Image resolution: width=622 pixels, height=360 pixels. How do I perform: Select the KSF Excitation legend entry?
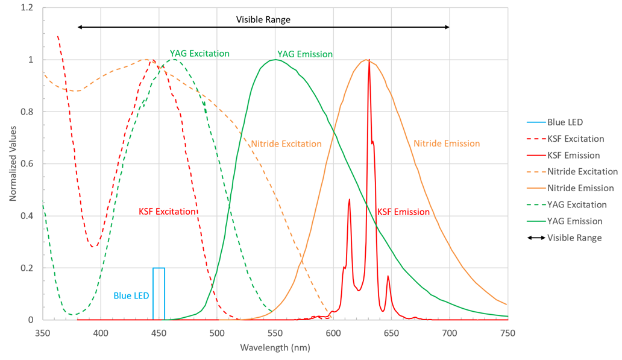576,139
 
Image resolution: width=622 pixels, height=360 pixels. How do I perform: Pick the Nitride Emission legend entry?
580,188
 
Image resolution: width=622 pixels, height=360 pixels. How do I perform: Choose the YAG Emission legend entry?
575,221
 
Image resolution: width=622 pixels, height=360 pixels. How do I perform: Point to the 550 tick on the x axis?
275,332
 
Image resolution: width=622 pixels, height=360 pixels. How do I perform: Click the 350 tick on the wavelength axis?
43,332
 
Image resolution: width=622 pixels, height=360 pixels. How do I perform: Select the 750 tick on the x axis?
507,332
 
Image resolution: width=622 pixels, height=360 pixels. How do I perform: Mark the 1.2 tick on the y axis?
27,8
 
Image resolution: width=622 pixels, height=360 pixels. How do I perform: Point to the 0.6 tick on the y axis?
27,164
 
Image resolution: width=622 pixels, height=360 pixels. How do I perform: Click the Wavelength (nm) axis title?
275,348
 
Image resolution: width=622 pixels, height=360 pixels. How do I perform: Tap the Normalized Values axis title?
12,164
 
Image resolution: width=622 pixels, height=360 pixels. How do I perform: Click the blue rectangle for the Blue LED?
159,294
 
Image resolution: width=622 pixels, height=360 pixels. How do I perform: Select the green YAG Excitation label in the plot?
199,54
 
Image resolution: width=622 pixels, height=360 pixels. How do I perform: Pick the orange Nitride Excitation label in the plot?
286,144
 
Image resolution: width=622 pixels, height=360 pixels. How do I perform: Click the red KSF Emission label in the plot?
403,212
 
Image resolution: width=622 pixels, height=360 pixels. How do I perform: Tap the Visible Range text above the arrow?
263,20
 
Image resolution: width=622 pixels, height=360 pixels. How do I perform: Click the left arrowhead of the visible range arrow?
80,27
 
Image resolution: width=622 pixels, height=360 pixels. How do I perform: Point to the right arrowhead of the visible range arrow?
447,27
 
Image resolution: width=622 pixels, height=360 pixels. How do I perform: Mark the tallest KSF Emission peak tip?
369,60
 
